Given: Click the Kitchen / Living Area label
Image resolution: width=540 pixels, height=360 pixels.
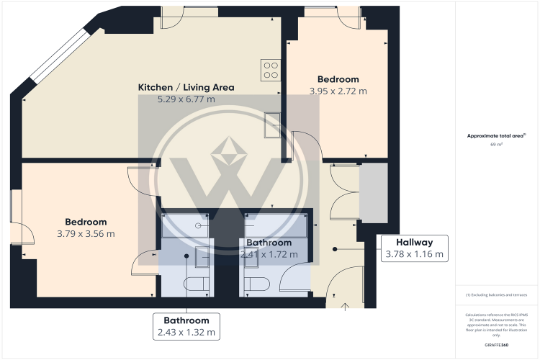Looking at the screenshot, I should click(x=186, y=87).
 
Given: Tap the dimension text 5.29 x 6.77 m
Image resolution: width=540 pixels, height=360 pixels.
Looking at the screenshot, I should click(x=186, y=99).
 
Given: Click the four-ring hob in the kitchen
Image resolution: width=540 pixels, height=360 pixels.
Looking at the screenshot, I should click(x=271, y=69).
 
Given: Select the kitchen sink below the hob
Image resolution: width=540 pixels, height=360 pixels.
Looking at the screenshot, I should click(x=273, y=125).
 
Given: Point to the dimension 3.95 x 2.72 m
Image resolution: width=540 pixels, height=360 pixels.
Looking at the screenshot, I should click(x=338, y=91).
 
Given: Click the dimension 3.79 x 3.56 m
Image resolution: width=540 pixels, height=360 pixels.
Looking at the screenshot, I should click(x=86, y=233).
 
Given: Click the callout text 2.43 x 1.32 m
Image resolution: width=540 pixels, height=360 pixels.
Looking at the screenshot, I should click(x=186, y=332).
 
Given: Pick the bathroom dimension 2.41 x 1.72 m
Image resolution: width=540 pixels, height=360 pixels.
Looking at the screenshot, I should click(x=269, y=254).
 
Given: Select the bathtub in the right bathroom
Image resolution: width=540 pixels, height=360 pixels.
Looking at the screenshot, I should click(x=277, y=225).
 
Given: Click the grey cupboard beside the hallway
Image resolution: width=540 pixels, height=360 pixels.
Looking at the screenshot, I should click(x=373, y=193).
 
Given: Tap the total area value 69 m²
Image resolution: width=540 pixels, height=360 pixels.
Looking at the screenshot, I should click(x=496, y=145).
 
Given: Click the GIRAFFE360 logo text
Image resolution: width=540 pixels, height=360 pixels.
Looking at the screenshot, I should click(x=496, y=346).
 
